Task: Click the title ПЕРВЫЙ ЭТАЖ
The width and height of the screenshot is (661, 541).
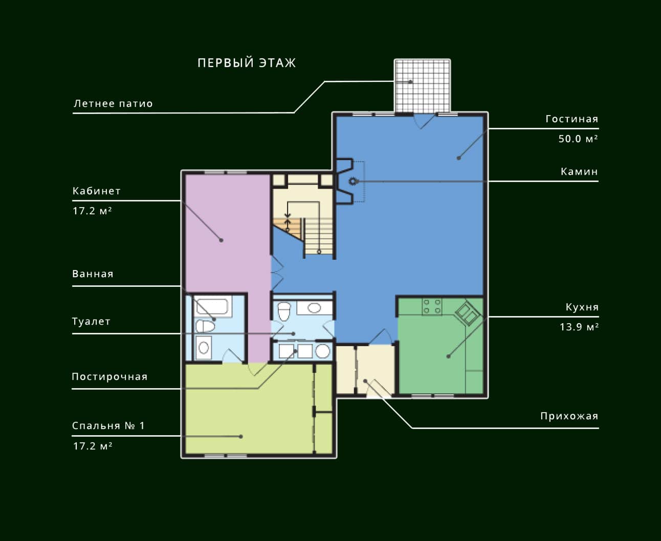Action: coord(247,63)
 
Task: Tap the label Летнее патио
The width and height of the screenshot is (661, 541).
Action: coord(113,104)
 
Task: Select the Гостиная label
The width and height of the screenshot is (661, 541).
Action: coord(572,119)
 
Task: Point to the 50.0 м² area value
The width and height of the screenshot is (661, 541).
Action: coord(578,139)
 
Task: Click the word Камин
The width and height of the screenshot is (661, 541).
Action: coord(580,172)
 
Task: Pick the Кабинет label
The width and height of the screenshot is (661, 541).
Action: coord(97,191)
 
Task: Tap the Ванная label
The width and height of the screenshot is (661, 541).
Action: coord(93,274)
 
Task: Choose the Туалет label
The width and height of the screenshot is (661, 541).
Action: coord(91,322)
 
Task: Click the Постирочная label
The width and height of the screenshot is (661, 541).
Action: coord(109,376)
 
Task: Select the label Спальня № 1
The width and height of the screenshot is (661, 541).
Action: coord(108,426)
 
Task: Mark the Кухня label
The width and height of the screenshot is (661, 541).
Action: coord(582,307)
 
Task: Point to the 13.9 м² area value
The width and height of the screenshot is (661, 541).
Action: coord(579,327)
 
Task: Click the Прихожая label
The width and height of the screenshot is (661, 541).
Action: coord(569,416)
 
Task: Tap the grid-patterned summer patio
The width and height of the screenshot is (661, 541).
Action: coord(423,85)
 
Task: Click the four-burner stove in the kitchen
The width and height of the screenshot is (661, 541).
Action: coord(432,307)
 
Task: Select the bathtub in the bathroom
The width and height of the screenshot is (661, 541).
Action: coord(212,306)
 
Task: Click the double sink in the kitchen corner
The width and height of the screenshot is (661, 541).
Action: coord(468,312)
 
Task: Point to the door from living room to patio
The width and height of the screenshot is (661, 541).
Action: coord(425,121)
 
